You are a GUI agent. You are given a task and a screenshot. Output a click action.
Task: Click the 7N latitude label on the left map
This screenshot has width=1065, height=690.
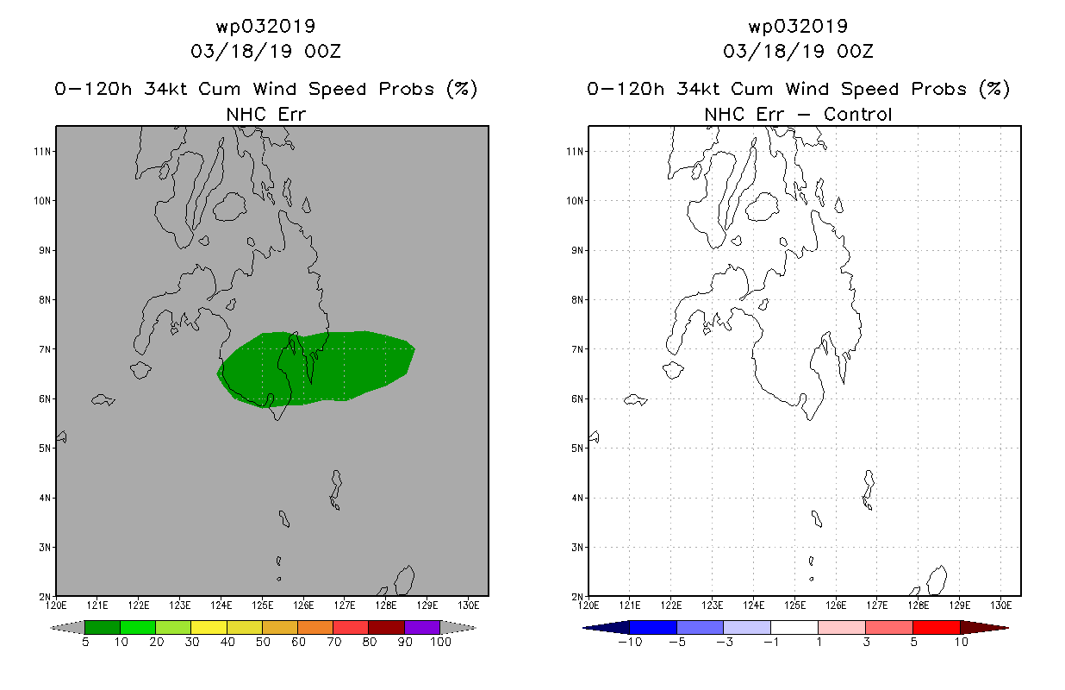point(45,349)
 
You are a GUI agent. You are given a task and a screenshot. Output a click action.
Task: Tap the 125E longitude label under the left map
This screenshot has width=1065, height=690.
point(263,605)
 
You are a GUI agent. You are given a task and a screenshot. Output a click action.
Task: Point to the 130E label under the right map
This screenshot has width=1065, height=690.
point(1001,605)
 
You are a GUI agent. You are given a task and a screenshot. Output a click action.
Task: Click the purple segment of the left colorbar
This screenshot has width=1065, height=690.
point(422,627)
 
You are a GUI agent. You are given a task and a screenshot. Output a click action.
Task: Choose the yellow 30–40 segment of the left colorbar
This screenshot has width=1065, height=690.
point(209,627)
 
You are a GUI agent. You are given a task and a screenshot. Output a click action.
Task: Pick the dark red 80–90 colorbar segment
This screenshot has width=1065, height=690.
point(387,627)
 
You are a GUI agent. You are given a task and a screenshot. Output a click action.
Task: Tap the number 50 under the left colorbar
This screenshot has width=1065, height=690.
point(263,642)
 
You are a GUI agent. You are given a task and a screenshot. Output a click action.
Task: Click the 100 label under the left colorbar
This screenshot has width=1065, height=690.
point(441,642)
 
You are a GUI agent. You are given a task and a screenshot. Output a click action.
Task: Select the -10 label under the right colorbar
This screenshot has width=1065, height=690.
point(630,642)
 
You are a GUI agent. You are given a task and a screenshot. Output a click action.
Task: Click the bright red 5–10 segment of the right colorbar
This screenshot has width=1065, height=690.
point(937,627)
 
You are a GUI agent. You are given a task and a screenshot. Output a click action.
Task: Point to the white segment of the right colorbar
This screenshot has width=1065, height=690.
point(794,627)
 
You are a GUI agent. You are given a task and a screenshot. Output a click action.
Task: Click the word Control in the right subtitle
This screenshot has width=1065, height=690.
point(857,114)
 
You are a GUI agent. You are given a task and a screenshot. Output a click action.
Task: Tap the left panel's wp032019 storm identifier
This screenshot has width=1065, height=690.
point(265,26)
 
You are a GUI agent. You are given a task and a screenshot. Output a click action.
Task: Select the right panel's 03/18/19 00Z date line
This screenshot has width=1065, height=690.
point(798,51)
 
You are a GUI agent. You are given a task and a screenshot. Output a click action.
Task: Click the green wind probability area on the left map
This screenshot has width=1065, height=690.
point(333,367)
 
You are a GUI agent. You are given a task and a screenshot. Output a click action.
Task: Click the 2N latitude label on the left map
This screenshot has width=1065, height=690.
point(45,596)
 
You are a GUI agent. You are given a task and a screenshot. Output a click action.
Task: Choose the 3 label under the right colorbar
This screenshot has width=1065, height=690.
point(866,642)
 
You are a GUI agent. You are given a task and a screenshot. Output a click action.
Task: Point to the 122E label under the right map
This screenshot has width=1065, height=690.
point(671,605)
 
